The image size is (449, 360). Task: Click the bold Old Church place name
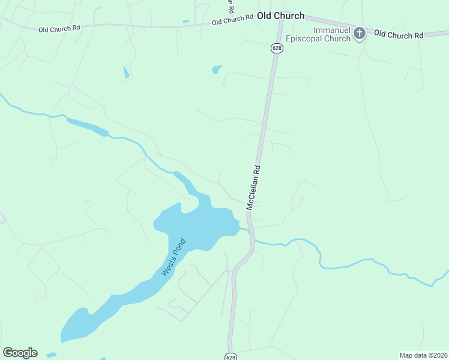pos(280,16)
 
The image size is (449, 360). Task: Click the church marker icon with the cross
pos(360,33)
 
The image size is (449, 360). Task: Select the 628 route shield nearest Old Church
pos(276,48)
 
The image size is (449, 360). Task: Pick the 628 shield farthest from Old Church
pos(231,356)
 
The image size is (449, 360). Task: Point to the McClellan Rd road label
pos(255,187)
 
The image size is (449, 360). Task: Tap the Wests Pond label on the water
pos(174,258)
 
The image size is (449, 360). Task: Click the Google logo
pos(20,353)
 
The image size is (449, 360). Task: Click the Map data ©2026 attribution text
pos(423,355)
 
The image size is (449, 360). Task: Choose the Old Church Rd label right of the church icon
pos(399,34)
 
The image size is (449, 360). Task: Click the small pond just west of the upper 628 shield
pos(217,70)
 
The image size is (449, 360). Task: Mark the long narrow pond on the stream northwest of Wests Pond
pos(87,126)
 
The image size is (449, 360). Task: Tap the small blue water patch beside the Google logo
pos(51,355)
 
